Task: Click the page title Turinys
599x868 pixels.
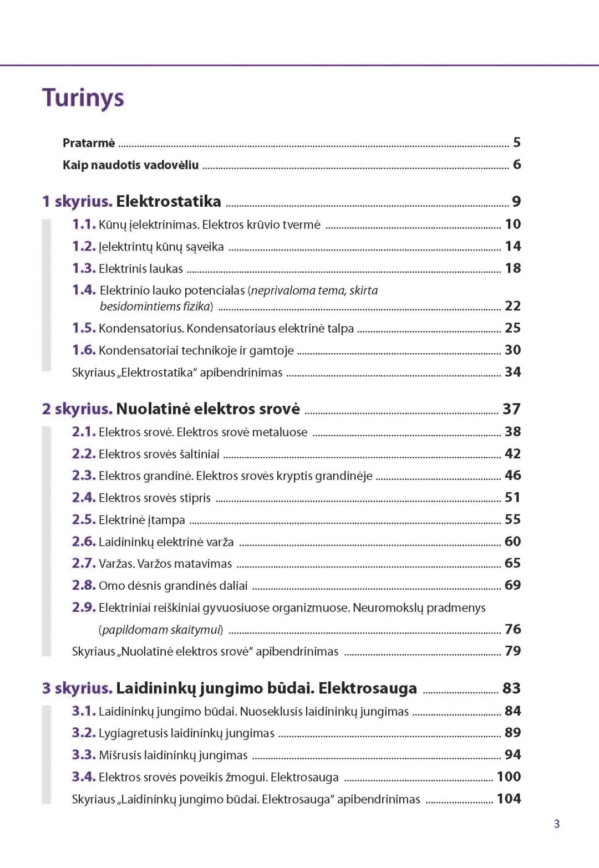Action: pos(83,98)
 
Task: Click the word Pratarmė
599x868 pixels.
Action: pos(89,143)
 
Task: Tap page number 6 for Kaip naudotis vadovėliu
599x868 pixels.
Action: pos(517,165)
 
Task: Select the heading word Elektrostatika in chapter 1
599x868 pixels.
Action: pos(169,201)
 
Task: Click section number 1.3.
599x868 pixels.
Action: pos(84,268)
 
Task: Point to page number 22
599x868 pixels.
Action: pos(512,306)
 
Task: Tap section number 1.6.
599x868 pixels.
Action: pos(84,350)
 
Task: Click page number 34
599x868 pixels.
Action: pos(512,372)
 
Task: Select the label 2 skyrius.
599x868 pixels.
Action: pos(77,409)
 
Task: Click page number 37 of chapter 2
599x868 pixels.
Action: pos(511,409)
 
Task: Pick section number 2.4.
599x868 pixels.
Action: pos(84,498)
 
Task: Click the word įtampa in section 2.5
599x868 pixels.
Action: pos(167,520)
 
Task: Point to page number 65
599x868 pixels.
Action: pos(512,563)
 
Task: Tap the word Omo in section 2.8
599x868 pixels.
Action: pos(112,585)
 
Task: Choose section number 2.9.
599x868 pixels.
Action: pos(84,607)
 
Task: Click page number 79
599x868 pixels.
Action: pos(512,651)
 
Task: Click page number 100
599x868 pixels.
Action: pos(509,777)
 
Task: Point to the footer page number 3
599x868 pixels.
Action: pos(557,824)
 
